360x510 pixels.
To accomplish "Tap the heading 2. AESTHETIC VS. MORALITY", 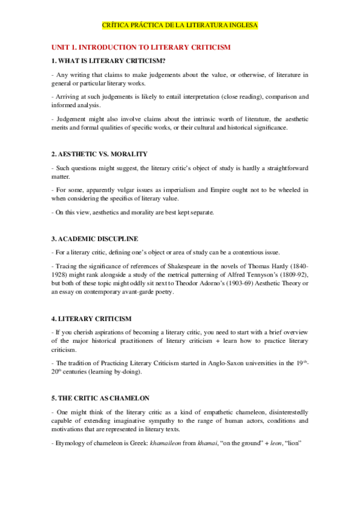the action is pos(99,155).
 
